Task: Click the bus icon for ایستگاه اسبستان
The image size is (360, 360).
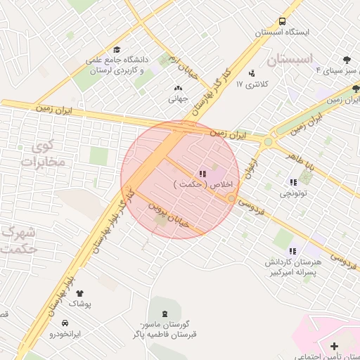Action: click(x=282, y=22)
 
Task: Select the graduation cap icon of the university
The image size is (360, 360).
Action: click(x=117, y=50)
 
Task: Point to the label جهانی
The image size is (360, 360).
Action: click(x=176, y=99)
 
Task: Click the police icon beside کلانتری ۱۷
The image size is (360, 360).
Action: click(x=252, y=73)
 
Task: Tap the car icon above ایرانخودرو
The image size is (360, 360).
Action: click(x=65, y=323)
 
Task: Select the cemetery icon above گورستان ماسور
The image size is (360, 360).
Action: click(x=165, y=312)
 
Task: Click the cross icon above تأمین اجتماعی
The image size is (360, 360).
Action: click(x=333, y=346)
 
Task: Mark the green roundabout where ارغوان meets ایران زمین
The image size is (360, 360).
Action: click(x=267, y=143)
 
